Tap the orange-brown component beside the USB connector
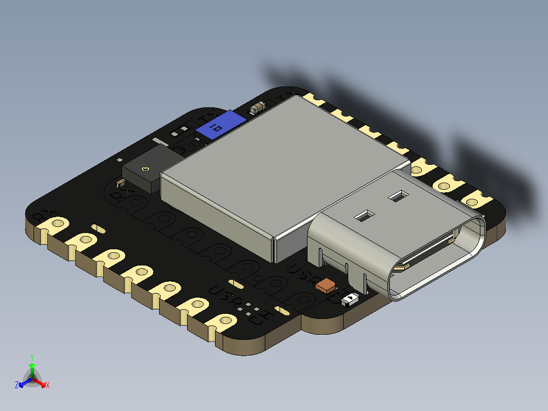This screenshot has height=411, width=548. (325, 285)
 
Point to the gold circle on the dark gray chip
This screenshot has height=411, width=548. (146, 168)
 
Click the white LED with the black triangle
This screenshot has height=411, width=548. (350, 299)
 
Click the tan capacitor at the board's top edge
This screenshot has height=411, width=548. (258, 107)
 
